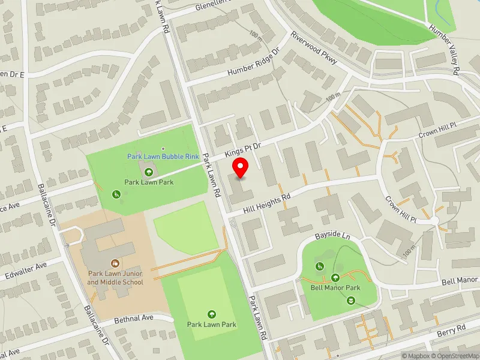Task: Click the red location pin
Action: click(241, 167)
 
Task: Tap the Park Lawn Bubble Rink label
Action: click(163, 156)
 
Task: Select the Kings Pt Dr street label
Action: click(245, 150)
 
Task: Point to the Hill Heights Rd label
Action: click(267, 204)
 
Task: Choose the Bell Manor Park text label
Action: click(335, 287)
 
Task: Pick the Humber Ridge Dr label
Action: click(254, 64)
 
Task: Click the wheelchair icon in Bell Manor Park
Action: click(320, 266)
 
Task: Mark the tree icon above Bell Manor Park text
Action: click(335, 277)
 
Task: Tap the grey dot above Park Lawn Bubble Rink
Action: click(163, 148)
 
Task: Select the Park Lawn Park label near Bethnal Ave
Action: click(211, 325)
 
